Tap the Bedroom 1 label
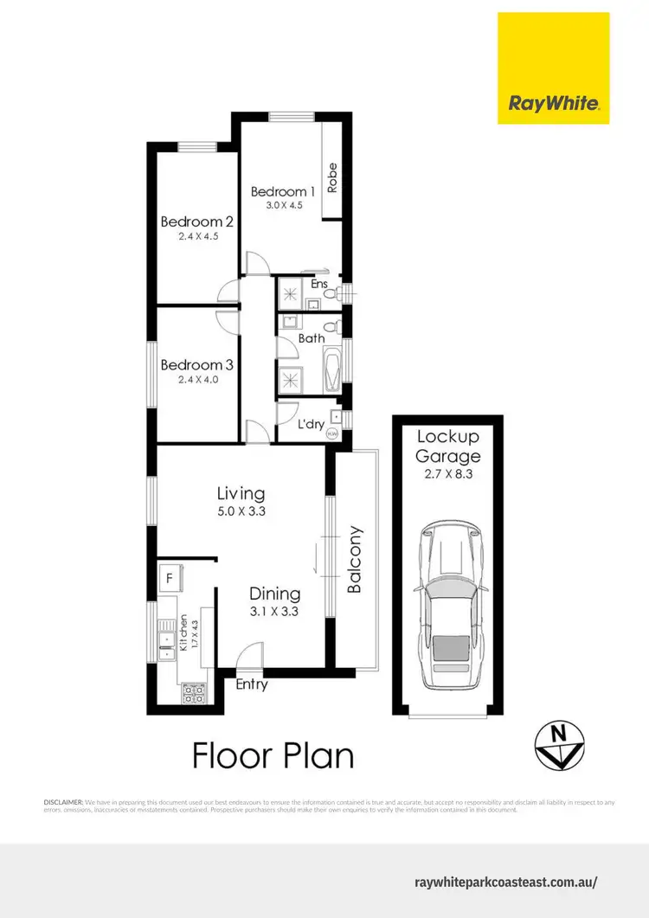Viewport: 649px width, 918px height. tap(283, 191)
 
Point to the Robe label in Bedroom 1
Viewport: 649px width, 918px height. tap(332, 177)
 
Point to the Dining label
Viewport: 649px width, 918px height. tap(274, 594)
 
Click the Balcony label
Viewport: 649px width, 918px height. tap(353, 560)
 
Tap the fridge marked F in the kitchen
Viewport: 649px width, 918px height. tap(169, 575)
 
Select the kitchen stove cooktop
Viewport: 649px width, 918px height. tap(192, 691)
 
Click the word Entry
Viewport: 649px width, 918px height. tap(252, 684)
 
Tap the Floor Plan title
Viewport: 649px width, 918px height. tap(273, 755)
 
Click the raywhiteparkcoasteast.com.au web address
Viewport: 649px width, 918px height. tap(506, 883)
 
